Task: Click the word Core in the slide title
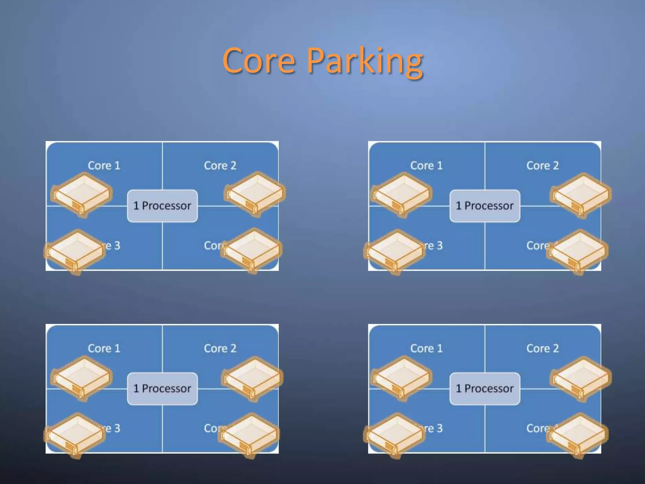pyautogui.click(x=259, y=60)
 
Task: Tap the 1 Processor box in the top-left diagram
pyautogui.click(x=162, y=206)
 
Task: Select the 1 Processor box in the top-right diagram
pyautogui.click(x=485, y=206)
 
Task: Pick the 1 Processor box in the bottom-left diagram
pyautogui.click(x=162, y=389)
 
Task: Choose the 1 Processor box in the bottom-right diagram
pyautogui.click(x=485, y=389)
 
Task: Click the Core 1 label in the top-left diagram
pyautogui.click(x=104, y=166)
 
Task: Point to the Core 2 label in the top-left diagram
pyautogui.click(x=220, y=166)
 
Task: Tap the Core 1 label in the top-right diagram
pyautogui.click(x=426, y=166)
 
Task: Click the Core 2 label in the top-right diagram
pyautogui.click(x=543, y=166)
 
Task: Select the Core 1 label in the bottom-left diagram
pyautogui.click(x=104, y=349)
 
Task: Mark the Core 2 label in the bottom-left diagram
pyautogui.click(x=220, y=349)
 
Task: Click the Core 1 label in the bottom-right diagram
pyautogui.click(x=426, y=349)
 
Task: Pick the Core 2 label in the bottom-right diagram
pyautogui.click(x=543, y=349)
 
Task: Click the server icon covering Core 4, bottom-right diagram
pyautogui.click(x=577, y=435)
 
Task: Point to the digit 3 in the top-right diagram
pyautogui.click(x=440, y=245)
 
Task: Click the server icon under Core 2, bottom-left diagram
pyautogui.click(x=252, y=378)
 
